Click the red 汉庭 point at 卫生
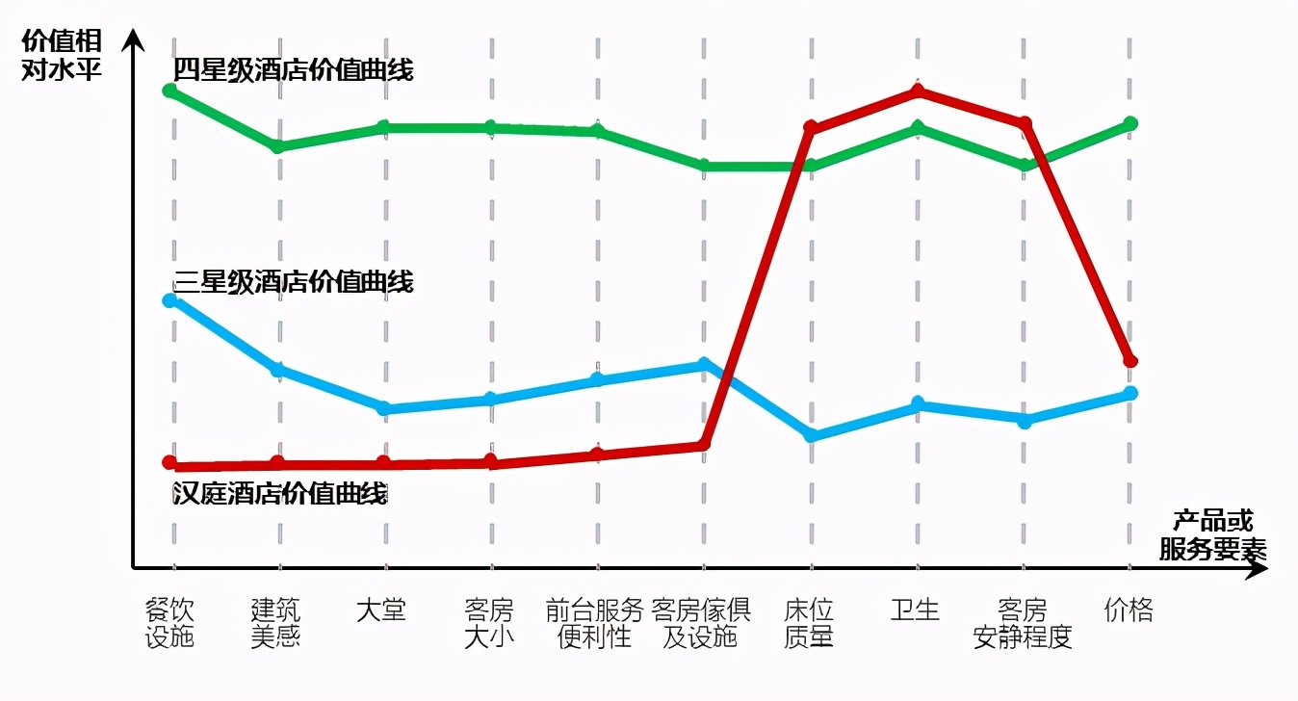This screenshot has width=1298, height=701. tap(918, 91)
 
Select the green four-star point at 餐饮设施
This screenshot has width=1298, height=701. tap(170, 91)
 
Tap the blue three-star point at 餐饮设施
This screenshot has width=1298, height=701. tap(170, 300)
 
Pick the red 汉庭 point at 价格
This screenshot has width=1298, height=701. tap(1131, 361)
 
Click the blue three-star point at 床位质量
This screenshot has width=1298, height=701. tap(811, 435)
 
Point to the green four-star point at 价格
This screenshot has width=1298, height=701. tap(1131, 123)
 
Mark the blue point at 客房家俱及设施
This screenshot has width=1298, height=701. tap(704, 364)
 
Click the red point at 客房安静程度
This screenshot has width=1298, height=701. tap(1025, 123)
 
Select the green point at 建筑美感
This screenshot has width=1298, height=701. tap(277, 146)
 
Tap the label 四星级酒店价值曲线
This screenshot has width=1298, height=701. tap(294, 70)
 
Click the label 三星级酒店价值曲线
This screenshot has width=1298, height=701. tap(294, 282)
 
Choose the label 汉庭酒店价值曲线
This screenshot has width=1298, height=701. tap(280, 494)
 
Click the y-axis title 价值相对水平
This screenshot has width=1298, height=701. tap(62, 56)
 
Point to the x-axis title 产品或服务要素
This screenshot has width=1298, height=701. tap(1212, 535)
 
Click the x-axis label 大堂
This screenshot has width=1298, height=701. tap(381, 610)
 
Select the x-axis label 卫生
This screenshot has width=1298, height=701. tap(915, 610)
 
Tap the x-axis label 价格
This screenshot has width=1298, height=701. tap(1129, 610)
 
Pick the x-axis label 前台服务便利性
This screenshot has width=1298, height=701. tap(594, 623)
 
